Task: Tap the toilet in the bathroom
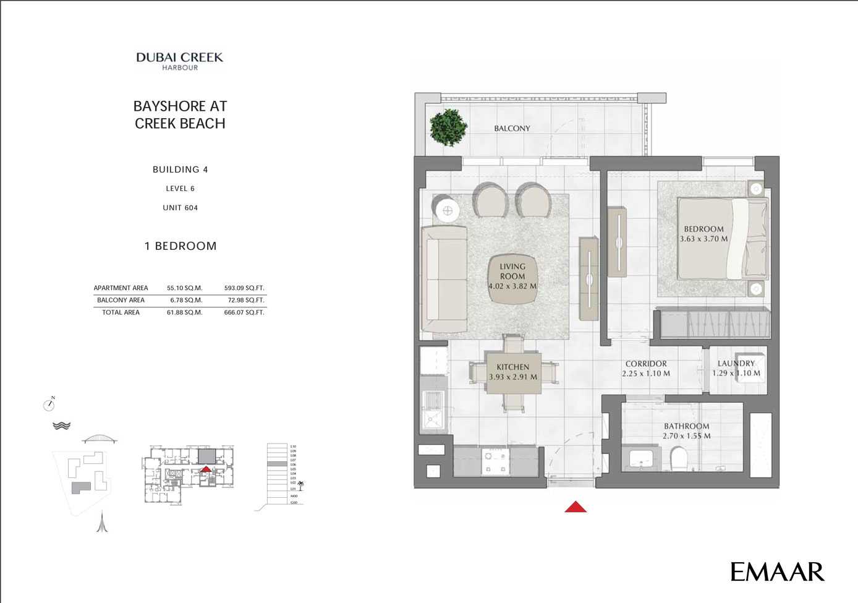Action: (x=679, y=459)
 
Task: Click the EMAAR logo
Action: (x=777, y=571)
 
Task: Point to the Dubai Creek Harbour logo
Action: (x=180, y=61)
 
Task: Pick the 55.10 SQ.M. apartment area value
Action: (x=185, y=288)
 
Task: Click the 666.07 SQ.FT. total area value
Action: (x=244, y=312)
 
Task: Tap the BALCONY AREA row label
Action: (x=121, y=300)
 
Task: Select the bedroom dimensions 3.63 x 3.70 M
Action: (x=703, y=239)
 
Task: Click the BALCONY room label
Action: (x=512, y=128)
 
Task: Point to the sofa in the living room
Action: (x=444, y=280)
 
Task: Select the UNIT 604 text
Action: (x=180, y=208)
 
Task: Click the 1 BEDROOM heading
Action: (x=181, y=246)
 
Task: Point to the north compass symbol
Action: (x=49, y=404)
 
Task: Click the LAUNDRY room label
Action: (x=736, y=364)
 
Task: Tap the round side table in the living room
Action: (x=448, y=211)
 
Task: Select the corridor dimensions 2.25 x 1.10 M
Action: (x=646, y=374)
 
